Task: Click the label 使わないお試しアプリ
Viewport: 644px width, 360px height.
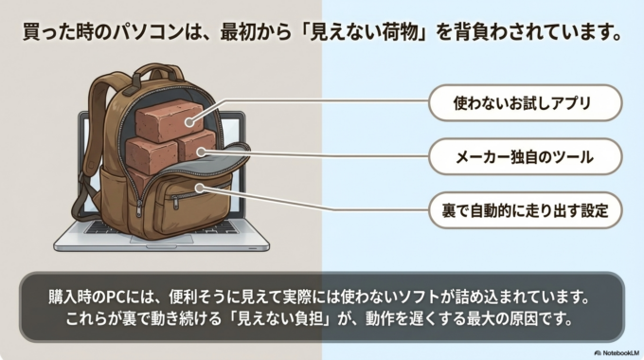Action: pos(525,103)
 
